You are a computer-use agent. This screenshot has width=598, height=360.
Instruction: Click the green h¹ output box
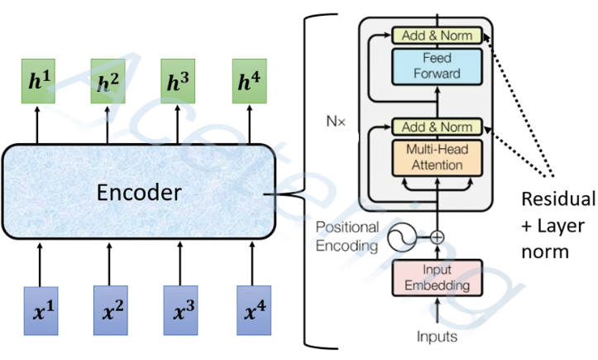pos(38,81)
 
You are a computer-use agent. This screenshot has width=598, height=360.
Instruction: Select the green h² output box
pos(108,81)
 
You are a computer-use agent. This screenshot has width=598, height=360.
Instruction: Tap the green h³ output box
pos(178,81)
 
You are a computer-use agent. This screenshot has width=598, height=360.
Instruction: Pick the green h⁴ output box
pos(250,81)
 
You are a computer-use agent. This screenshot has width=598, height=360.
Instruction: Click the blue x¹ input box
pos(41,310)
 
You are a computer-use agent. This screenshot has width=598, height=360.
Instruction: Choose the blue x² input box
pos(111,310)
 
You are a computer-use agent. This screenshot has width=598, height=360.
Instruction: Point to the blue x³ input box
pos(181,310)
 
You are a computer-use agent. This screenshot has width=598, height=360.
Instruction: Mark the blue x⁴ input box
pos(254,310)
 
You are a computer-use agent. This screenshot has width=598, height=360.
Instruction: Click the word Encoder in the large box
pos(139,192)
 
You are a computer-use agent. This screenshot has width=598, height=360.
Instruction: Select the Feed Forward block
pos(437,66)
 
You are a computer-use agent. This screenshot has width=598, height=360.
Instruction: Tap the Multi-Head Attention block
pos(437,158)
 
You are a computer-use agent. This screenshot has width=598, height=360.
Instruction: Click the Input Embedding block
pos(437,277)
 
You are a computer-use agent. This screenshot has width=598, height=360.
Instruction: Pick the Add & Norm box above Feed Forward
pos(437,36)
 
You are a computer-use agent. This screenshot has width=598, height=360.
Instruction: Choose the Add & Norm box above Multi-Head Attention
pos(437,127)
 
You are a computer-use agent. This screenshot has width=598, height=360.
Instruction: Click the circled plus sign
pos(437,238)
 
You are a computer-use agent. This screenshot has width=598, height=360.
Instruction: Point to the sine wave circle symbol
pos(402,238)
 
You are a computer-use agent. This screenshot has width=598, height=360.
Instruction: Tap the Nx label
pos(336,122)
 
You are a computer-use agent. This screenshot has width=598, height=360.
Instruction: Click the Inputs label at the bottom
pos(437,337)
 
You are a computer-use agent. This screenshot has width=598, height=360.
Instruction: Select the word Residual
pos(558,199)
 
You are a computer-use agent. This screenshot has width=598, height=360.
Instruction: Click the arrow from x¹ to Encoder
pos(40,265)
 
